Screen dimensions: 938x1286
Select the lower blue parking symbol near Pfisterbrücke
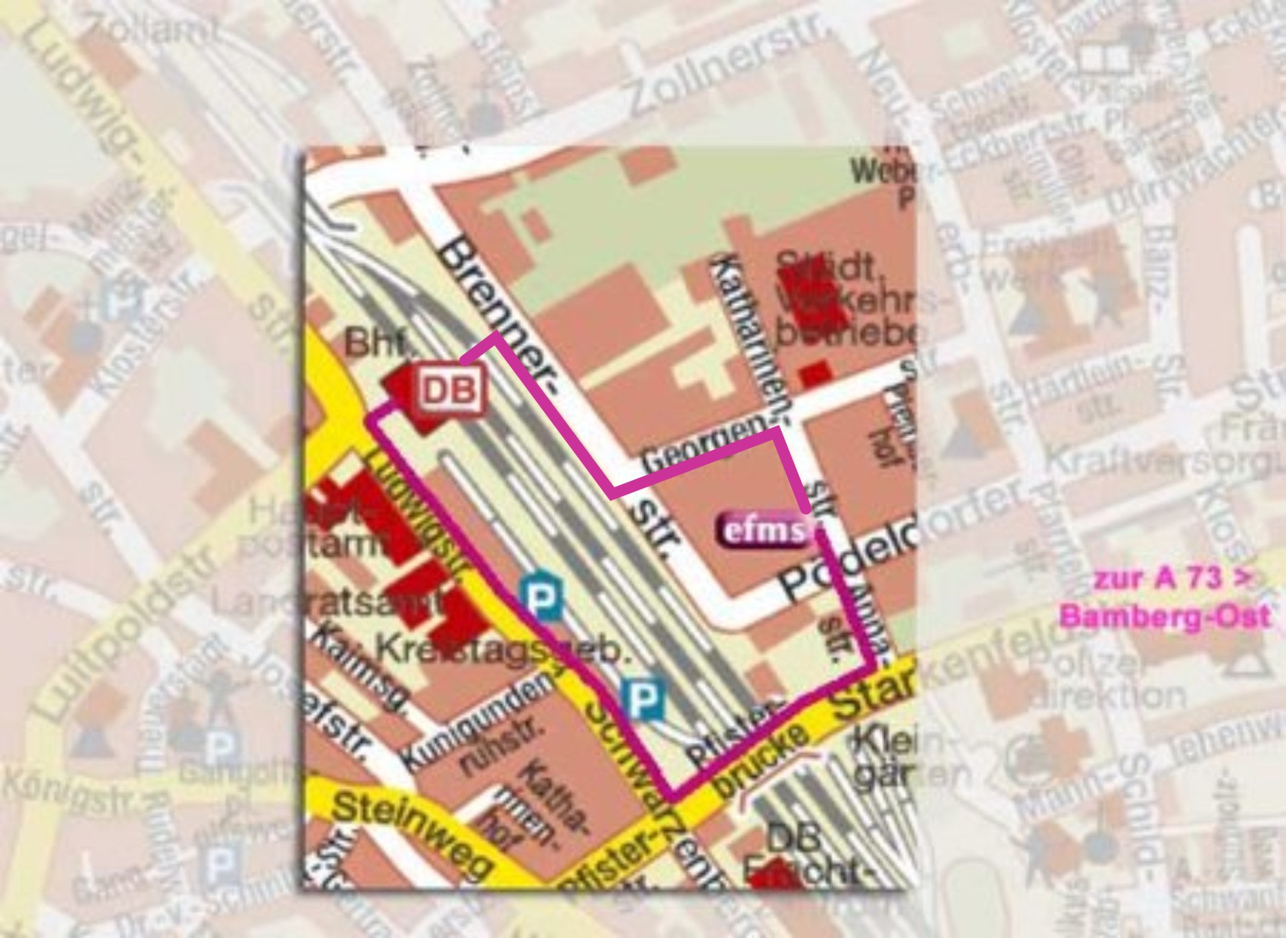point(643,699)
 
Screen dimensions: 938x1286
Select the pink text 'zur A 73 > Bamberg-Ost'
point(1164,598)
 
